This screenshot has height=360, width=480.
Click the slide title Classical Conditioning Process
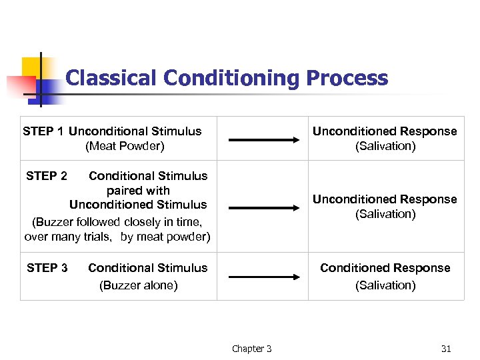tap(227, 78)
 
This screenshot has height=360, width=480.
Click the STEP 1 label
tap(43, 131)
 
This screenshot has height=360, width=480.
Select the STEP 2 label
tap(47, 176)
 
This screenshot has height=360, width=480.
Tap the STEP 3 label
tap(47, 268)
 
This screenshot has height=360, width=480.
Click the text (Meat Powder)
tap(125, 146)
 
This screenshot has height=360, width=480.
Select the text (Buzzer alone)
tap(138, 285)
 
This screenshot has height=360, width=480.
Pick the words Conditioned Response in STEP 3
tap(385, 268)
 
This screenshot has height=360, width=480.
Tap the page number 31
tap(446, 349)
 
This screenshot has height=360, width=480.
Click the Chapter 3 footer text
tap(251, 349)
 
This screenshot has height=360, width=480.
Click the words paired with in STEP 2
tap(138, 191)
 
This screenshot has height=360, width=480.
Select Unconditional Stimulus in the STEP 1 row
tap(135, 131)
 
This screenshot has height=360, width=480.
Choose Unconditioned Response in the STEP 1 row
tap(385, 131)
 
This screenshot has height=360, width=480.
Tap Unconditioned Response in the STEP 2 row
tap(385, 199)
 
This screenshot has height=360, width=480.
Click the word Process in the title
tap(347, 78)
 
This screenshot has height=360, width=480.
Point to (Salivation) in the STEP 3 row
tap(385, 285)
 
